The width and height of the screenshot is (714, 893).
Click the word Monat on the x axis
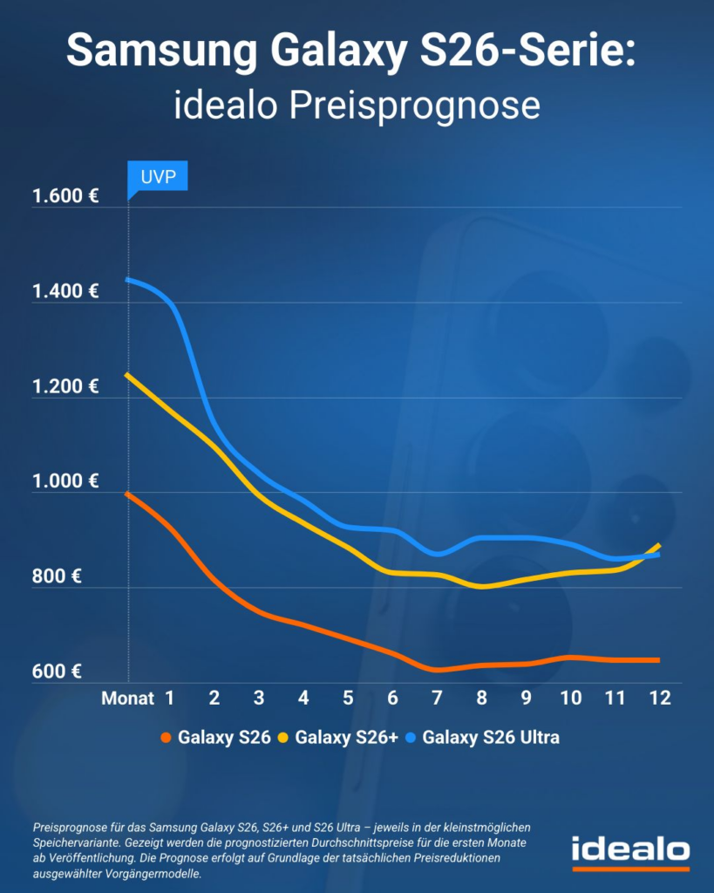(x=127, y=698)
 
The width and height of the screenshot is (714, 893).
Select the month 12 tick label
(x=659, y=698)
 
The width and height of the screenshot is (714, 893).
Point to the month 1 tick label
(x=170, y=698)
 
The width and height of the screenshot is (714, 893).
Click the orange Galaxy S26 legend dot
(x=166, y=738)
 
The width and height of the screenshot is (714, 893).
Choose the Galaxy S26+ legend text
(x=347, y=738)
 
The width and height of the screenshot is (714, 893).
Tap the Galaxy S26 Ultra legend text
(x=490, y=738)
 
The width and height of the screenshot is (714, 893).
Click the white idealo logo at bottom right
(x=630, y=850)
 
